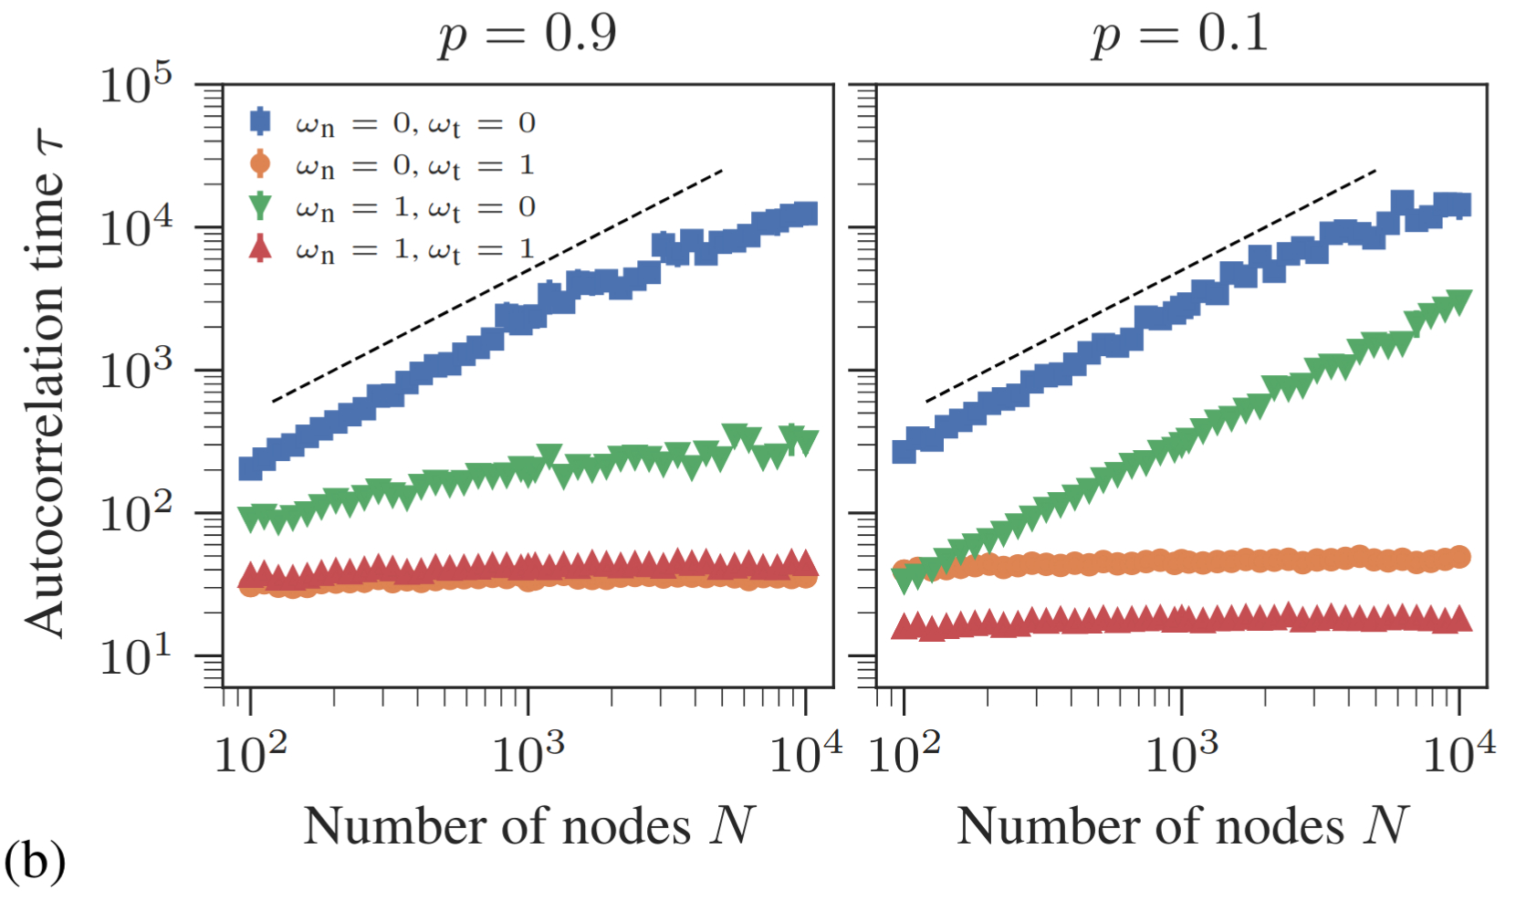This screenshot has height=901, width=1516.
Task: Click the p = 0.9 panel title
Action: pos(528,35)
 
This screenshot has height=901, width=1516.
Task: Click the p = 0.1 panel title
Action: pos(1180,35)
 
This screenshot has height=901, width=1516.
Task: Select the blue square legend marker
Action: pos(260,121)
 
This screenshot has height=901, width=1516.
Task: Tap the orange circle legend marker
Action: pos(260,164)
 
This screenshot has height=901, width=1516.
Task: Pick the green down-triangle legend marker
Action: pos(260,206)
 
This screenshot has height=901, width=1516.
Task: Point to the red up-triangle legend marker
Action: pos(260,248)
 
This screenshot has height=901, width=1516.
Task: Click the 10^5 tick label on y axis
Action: pos(136,86)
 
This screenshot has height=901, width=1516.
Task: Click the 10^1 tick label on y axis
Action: pos(136,655)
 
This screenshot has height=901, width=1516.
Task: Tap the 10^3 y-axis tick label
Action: pos(136,371)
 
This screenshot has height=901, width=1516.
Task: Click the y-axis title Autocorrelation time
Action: pos(46,383)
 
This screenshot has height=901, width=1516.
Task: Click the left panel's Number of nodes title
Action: pos(529,826)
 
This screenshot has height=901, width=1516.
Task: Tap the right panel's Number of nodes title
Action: pos(1183,826)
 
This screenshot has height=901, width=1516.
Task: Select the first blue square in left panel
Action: pos(250,467)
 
